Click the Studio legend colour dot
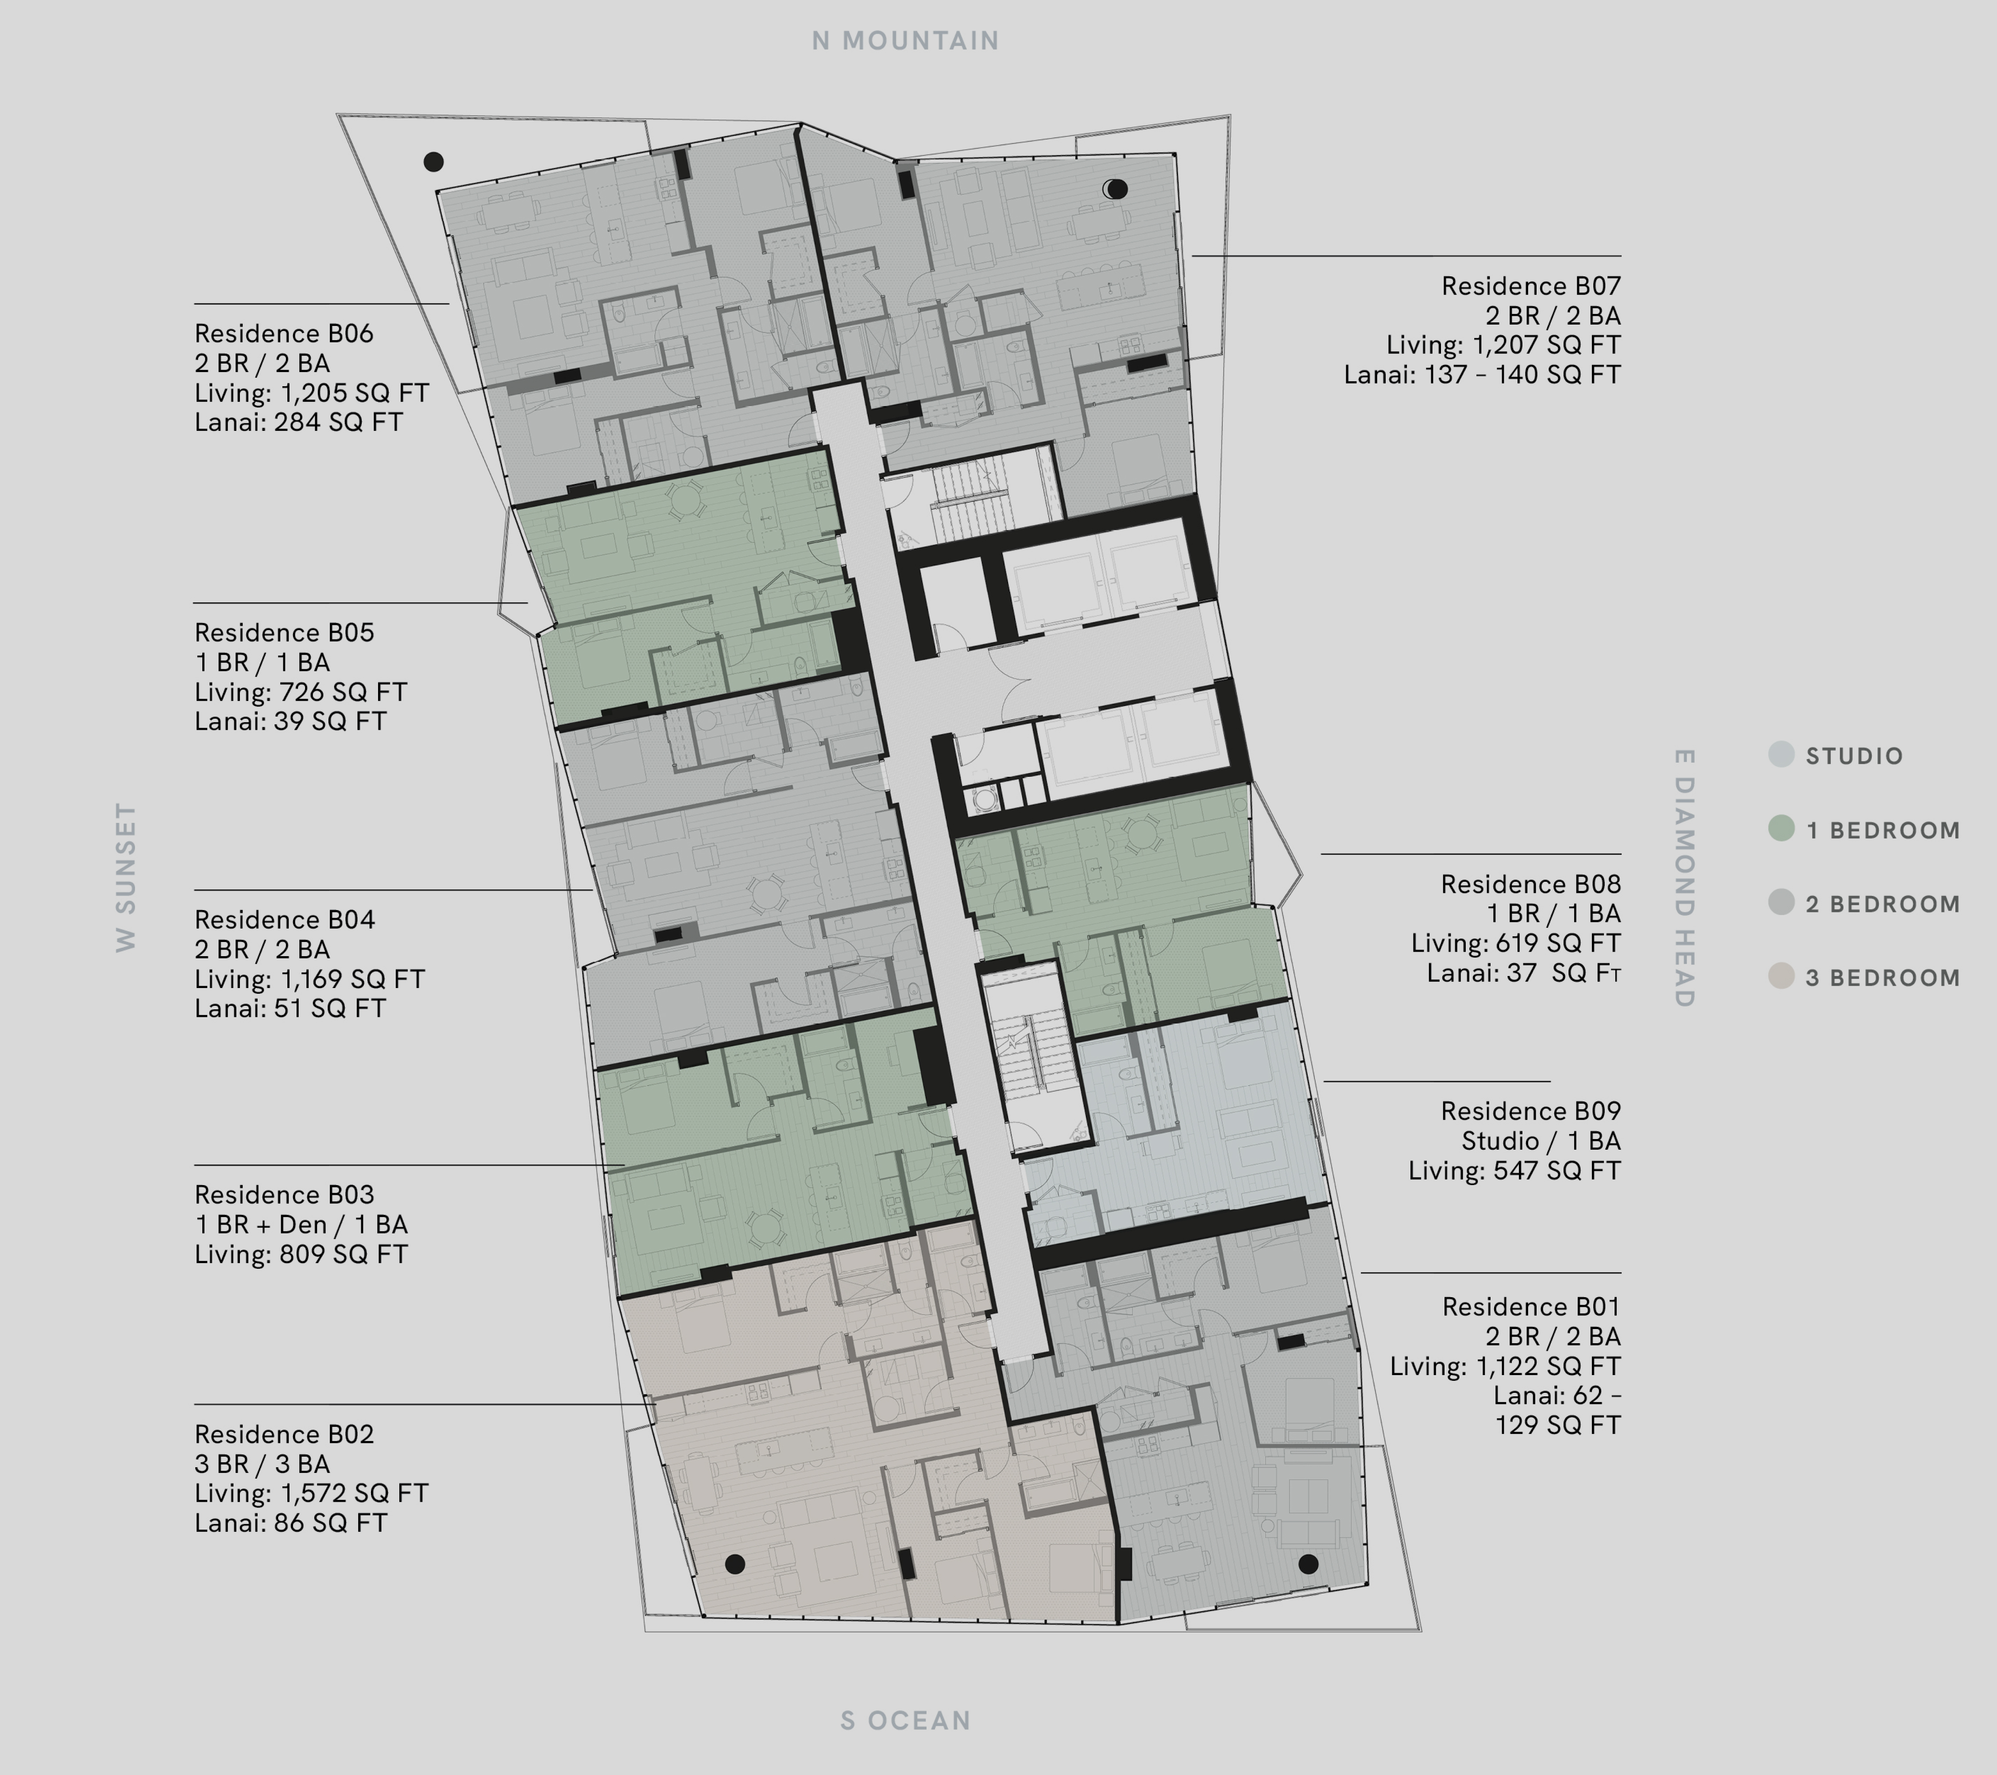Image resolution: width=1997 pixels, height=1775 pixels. [x=1781, y=755]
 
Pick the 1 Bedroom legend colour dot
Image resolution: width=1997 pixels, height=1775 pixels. [x=1781, y=829]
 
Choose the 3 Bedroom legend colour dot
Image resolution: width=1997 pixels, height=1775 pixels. [x=1781, y=977]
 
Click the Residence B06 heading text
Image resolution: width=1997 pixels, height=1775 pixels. [x=283, y=333]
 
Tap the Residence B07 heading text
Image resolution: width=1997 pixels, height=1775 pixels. [x=1531, y=287]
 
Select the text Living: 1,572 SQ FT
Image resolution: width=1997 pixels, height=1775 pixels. [x=311, y=1493]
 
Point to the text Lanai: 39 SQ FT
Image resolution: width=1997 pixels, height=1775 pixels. [x=290, y=721]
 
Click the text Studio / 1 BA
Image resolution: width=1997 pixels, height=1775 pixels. [x=1541, y=1141]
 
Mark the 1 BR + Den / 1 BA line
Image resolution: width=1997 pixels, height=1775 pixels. [x=301, y=1225]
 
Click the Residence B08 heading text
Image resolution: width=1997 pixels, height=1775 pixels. [x=1531, y=884]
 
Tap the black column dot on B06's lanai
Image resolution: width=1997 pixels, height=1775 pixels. [x=433, y=161]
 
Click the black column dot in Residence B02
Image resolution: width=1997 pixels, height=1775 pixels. [x=735, y=1564]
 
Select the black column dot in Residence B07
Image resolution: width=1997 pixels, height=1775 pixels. [x=1117, y=189]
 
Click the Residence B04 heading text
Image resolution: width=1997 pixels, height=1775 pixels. [x=284, y=920]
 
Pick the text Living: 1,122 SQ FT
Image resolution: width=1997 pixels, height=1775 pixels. [x=1506, y=1366]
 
